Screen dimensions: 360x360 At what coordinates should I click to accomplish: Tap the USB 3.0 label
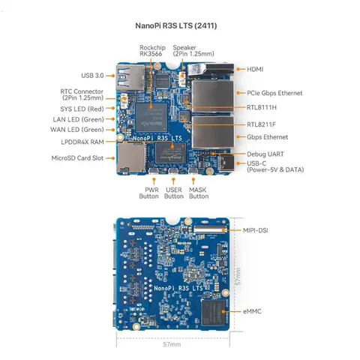pyautogui.click(x=93, y=75)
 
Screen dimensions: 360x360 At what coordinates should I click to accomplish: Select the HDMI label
pyautogui.click(x=256, y=69)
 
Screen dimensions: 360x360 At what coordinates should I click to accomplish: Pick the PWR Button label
pyautogui.click(x=148, y=193)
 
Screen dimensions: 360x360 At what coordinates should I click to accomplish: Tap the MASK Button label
pyautogui.click(x=198, y=193)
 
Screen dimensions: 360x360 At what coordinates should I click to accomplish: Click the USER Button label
pyautogui.click(x=173, y=193)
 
